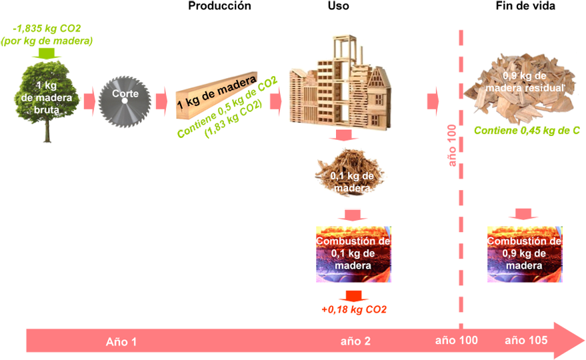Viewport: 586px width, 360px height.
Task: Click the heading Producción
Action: (219, 6)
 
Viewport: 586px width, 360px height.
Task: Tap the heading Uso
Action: (338, 6)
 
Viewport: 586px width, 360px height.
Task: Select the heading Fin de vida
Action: (525, 6)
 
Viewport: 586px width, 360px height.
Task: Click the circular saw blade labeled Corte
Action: (125, 101)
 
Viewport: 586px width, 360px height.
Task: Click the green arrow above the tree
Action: (46, 53)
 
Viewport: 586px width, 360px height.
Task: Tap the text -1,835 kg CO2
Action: (47, 29)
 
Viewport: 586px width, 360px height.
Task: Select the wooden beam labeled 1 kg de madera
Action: (217, 96)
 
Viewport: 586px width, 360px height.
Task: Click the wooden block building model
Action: (340, 82)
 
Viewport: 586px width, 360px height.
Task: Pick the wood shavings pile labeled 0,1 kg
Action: (350, 173)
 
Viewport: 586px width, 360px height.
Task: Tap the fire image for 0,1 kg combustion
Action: (353, 254)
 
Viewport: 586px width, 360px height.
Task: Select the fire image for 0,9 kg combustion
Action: (525, 254)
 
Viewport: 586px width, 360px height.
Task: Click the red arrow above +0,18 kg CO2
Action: (353, 296)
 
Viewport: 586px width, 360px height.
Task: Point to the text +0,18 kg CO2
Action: (353, 309)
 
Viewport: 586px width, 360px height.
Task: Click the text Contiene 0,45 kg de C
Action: (527, 131)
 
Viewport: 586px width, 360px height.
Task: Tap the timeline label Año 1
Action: (121, 342)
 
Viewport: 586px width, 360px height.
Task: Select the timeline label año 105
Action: (526, 340)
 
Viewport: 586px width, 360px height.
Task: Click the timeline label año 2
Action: (355, 341)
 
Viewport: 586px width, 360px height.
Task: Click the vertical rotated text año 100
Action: (452, 145)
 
